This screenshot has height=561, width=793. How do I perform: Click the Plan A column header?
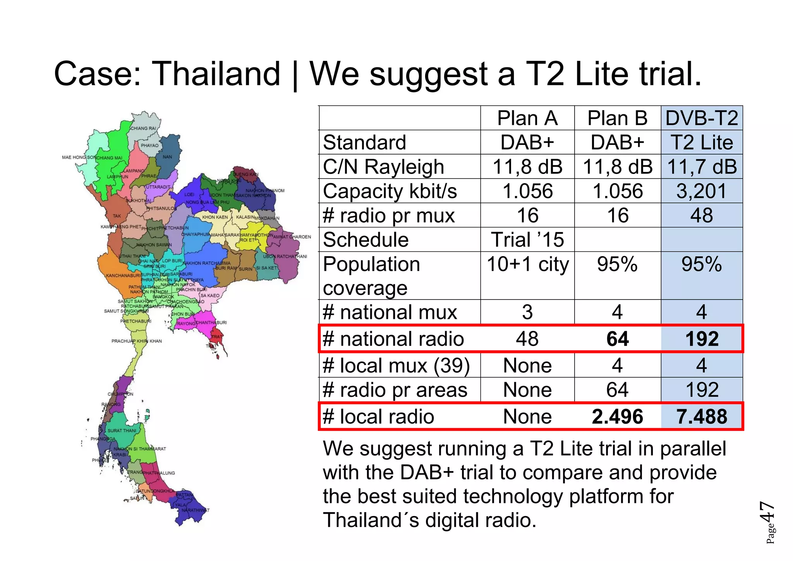pos(527,118)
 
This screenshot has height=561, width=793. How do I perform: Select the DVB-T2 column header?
pos(702,118)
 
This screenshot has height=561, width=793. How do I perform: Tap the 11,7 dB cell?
pos(702,167)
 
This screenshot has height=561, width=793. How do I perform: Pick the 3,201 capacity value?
pos(702,191)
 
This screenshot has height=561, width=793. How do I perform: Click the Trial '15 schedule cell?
pos(527,240)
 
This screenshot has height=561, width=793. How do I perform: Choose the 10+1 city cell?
pos(527,265)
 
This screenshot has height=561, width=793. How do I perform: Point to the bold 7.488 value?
pos(702,417)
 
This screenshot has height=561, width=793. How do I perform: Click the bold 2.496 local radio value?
pos(617,417)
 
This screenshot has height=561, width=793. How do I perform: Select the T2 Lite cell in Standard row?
pos(702,143)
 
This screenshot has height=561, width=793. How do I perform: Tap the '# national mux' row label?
pos(390,312)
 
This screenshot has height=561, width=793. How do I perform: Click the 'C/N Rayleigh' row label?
pos(383,167)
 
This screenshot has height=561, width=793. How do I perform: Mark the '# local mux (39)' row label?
pos(396,366)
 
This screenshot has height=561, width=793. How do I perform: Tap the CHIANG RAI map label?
pos(143,128)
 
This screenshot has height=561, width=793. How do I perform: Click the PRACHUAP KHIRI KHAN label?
pos(137,341)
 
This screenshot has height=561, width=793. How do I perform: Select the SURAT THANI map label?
pos(122,430)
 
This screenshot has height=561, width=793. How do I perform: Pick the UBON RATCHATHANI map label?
pos(285,256)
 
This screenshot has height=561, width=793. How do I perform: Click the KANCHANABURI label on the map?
pos(124,275)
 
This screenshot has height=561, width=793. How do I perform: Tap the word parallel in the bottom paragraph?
pos(693,449)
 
